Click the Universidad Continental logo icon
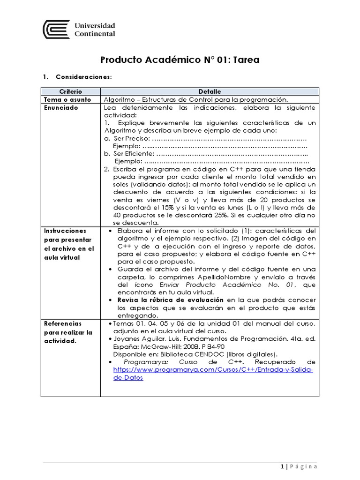(x=56, y=29)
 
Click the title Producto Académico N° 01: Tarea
(x=180, y=60)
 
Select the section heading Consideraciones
(x=83, y=76)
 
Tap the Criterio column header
(x=71, y=91)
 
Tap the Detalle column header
(x=210, y=91)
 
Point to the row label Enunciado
(x=61, y=107)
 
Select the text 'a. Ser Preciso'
(x=126, y=138)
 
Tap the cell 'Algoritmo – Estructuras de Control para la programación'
(x=195, y=99)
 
